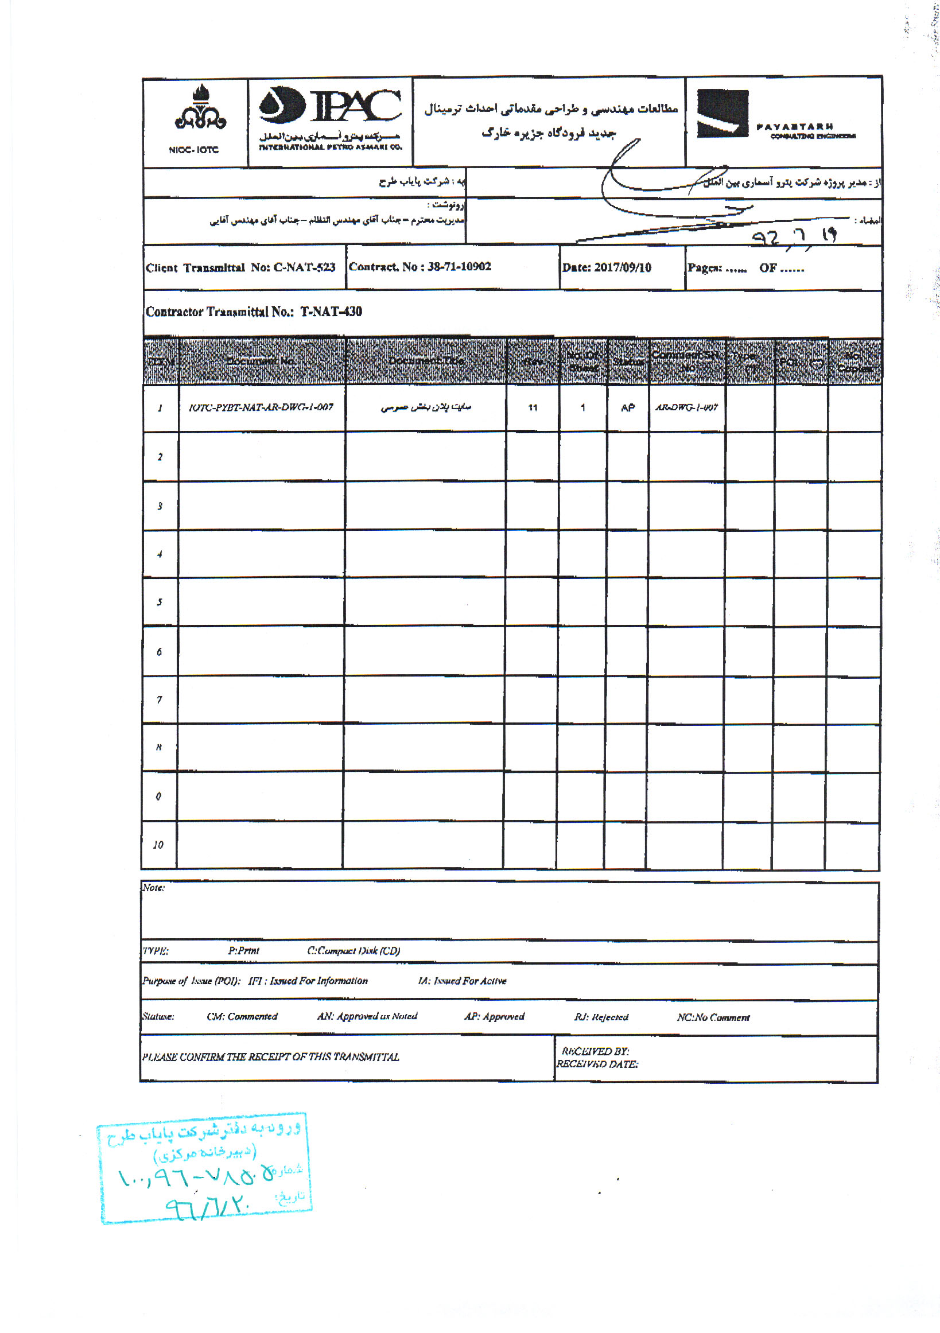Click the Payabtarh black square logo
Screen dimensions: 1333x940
coord(723,113)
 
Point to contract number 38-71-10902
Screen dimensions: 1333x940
coord(459,266)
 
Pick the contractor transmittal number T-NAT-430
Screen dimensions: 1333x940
coord(331,312)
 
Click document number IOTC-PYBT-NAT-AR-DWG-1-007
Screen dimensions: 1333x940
coord(261,407)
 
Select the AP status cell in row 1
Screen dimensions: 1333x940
coord(628,408)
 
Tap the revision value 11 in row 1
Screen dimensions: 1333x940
coord(533,408)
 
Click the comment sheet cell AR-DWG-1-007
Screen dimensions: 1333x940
coord(686,407)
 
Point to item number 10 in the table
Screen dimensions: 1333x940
coord(158,845)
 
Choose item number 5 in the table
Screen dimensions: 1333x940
coord(159,603)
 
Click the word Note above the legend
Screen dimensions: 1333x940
coord(153,888)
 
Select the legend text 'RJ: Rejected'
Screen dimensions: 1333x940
coord(601,1017)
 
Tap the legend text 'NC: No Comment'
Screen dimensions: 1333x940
coord(713,1017)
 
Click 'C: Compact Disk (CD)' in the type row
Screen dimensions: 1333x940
coord(353,951)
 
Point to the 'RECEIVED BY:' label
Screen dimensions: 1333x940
coord(595,1051)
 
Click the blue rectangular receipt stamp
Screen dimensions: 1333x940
coord(205,1168)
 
